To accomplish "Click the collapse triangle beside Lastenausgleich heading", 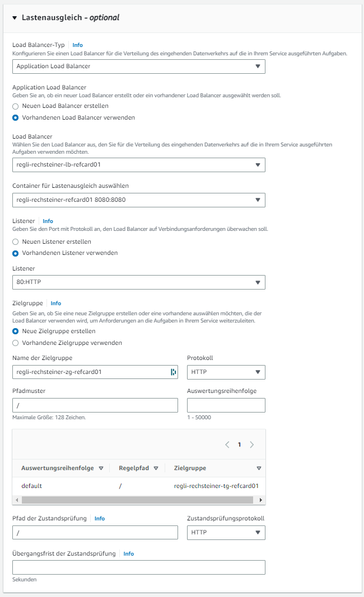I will pyautogui.click(x=15, y=17).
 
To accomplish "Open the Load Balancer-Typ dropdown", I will pyautogui.click(x=138, y=66).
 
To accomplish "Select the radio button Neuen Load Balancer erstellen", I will pyautogui.click(x=16, y=106).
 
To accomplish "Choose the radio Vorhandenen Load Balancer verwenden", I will pyautogui.click(x=16, y=117).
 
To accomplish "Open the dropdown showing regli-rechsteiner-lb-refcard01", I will pyautogui.click(x=138, y=164).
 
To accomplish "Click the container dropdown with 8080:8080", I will pyautogui.click(x=138, y=200).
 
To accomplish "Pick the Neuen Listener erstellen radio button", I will pyautogui.click(x=16, y=241).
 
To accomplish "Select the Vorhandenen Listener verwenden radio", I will pyautogui.click(x=16, y=253).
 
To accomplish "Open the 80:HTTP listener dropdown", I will pyautogui.click(x=138, y=282).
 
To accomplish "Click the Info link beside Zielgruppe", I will pyautogui.click(x=56, y=304).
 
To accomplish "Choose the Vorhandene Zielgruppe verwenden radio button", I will pyautogui.click(x=16, y=343).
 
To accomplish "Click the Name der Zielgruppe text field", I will pyautogui.click(x=90, y=372).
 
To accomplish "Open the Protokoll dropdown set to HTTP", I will pyautogui.click(x=226, y=372).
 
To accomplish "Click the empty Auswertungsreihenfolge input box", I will pyautogui.click(x=226, y=405).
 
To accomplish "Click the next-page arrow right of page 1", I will pyautogui.click(x=252, y=445).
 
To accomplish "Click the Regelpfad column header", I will pyautogui.click(x=134, y=468).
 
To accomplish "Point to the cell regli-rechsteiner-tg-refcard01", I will pyautogui.click(x=216, y=486).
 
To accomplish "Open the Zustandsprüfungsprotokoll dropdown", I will pyautogui.click(x=226, y=533).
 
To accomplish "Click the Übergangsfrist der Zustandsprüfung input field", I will pyautogui.click(x=138, y=567).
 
